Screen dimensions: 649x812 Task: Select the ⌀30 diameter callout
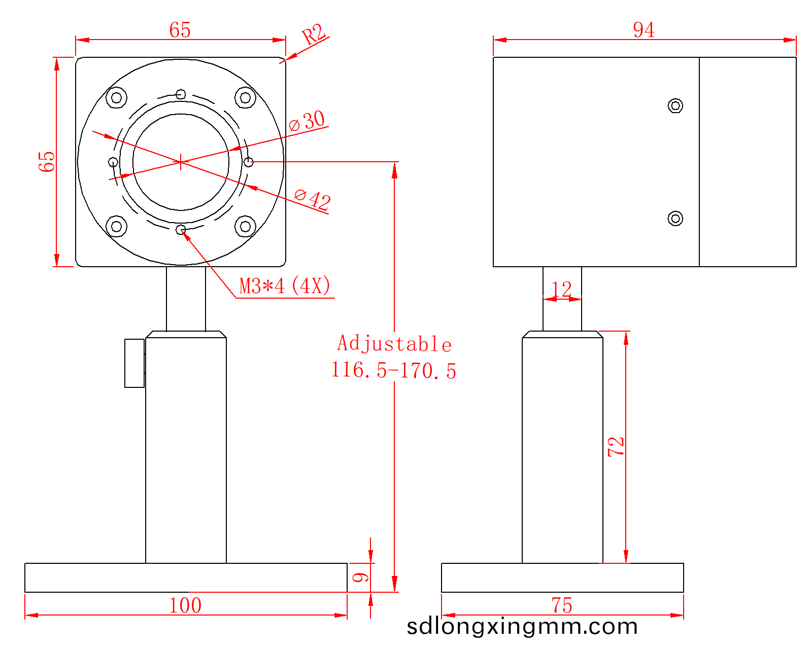(x=308, y=121)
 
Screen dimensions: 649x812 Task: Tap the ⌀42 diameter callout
(x=313, y=199)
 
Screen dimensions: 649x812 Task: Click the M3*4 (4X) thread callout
(x=285, y=286)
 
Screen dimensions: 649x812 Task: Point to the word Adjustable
(x=394, y=344)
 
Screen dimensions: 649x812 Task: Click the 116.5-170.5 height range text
(x=393, y=370)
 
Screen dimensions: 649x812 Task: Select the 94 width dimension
(x=644, y=30)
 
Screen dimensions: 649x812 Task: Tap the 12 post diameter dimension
(x=562, y=290)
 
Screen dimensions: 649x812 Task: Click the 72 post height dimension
(x=616, y=447)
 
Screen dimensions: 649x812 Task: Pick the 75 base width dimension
(x=562, y=605)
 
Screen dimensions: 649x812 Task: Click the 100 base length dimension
(x=185, y=605)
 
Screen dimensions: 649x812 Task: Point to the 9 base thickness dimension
(x=360, y=578)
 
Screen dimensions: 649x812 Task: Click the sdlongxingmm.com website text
(x=522, y=627)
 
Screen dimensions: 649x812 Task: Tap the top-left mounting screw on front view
(x=116, y=97)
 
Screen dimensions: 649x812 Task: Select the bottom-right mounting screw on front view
(x=245, y=226)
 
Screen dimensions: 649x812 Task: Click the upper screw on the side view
(x=675, y=105)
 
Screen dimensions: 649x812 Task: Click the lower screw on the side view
(x=675, y=219)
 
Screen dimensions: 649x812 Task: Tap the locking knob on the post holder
(x=134, y=363)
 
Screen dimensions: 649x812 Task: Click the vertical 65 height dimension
(x=47, y=161)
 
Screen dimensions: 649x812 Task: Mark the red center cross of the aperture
(x=181, y=162)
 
